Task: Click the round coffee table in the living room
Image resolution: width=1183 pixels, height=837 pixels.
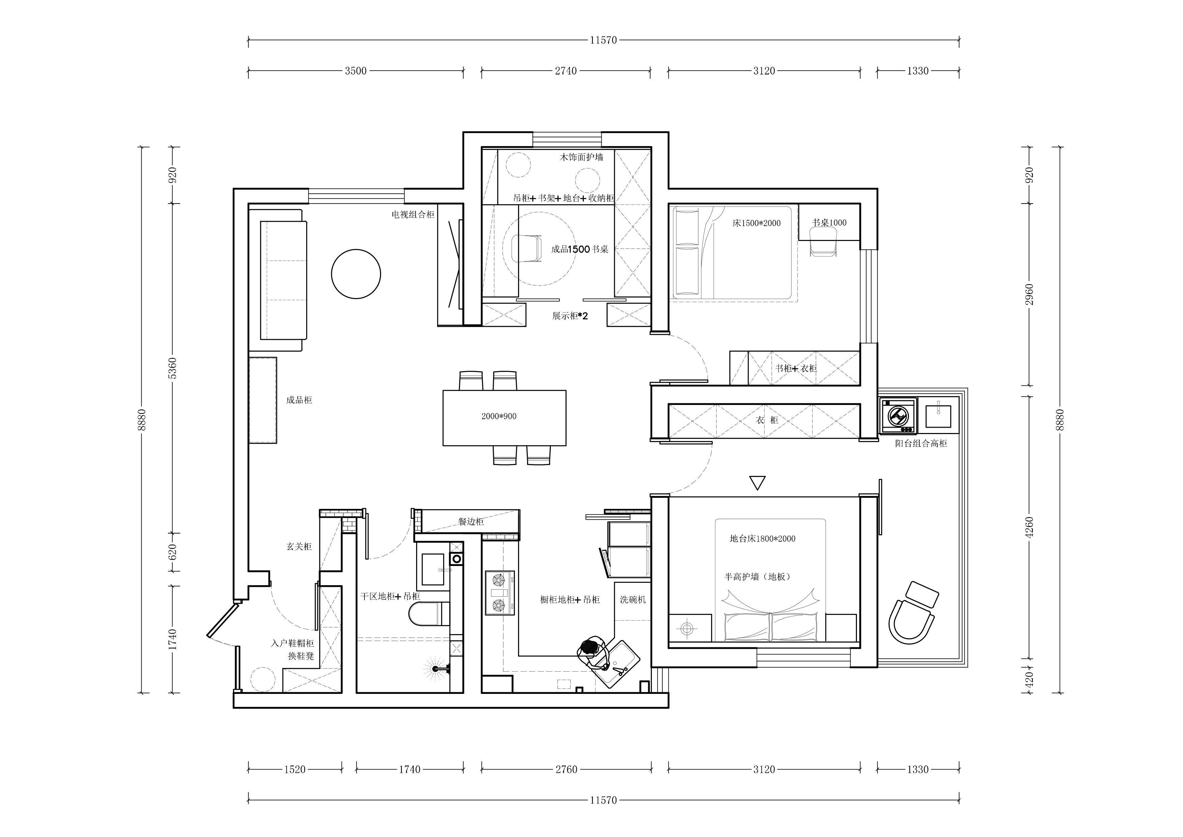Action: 355,274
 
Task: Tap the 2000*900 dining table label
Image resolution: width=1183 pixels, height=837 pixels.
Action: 499,416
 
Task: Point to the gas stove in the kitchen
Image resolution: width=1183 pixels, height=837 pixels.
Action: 499,593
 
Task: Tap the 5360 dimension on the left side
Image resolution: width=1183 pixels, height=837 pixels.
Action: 173,368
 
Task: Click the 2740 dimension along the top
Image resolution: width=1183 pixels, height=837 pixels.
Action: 566,71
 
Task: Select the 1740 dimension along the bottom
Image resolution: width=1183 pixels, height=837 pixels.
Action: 410,769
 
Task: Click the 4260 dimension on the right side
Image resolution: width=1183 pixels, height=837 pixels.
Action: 1030,527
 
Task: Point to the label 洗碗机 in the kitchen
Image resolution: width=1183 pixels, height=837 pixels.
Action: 633,600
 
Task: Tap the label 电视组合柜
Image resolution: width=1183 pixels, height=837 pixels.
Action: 413,215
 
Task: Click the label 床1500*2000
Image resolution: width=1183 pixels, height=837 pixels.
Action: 756,223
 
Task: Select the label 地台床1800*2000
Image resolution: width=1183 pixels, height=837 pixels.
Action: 762,538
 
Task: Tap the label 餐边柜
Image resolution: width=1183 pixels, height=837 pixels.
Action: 471,521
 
